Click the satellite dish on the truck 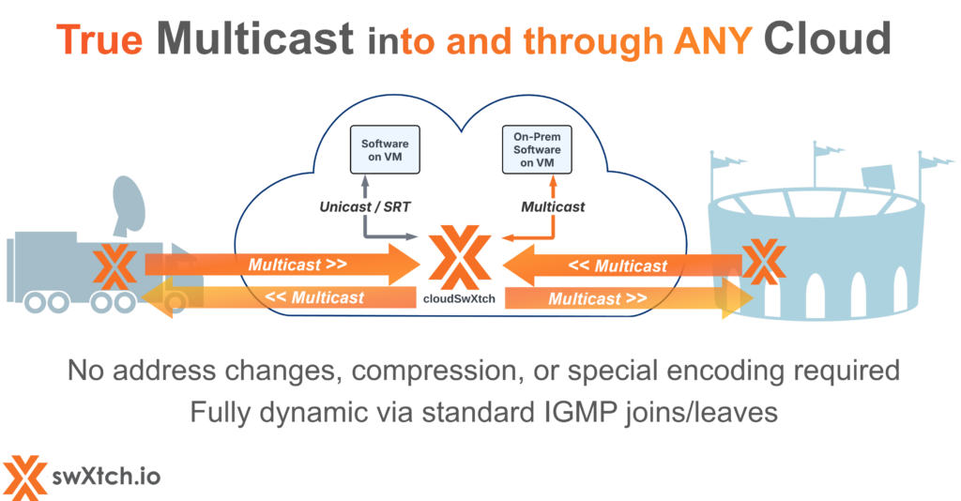coord(127,201)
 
